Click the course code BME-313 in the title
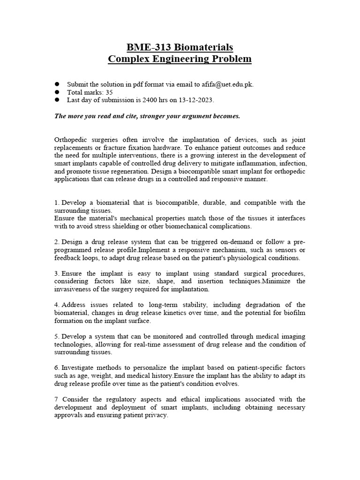click(x=144, y=47)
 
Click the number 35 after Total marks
click(x=110, y=92)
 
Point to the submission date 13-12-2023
click(x=196, y=100)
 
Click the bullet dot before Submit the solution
click(x=57, y=84)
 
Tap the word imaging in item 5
click(x=294, y=337)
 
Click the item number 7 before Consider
click(x=56, y=399)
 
